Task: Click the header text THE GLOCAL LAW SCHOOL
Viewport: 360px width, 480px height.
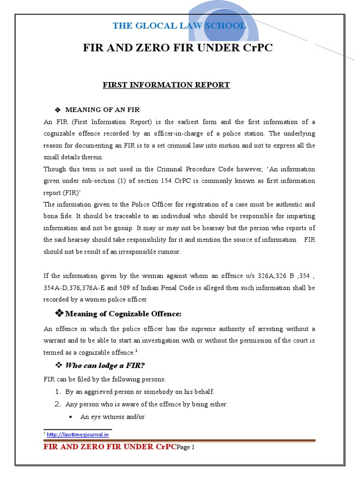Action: [x=179, y=26]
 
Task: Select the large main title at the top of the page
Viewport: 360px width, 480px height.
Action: [x=178, y=48]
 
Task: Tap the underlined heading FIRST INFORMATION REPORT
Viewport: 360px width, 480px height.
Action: [x=166, y=85]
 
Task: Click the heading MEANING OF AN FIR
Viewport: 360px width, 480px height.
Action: [x=103, y=110]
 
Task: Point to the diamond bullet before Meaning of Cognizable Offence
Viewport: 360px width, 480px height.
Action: [x=60, y=313]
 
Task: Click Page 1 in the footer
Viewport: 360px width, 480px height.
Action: [x=186, y=447]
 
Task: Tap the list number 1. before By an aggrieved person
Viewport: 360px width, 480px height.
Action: [x=59, y=391]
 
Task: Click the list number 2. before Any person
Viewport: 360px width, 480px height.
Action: [x=59, y=404]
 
